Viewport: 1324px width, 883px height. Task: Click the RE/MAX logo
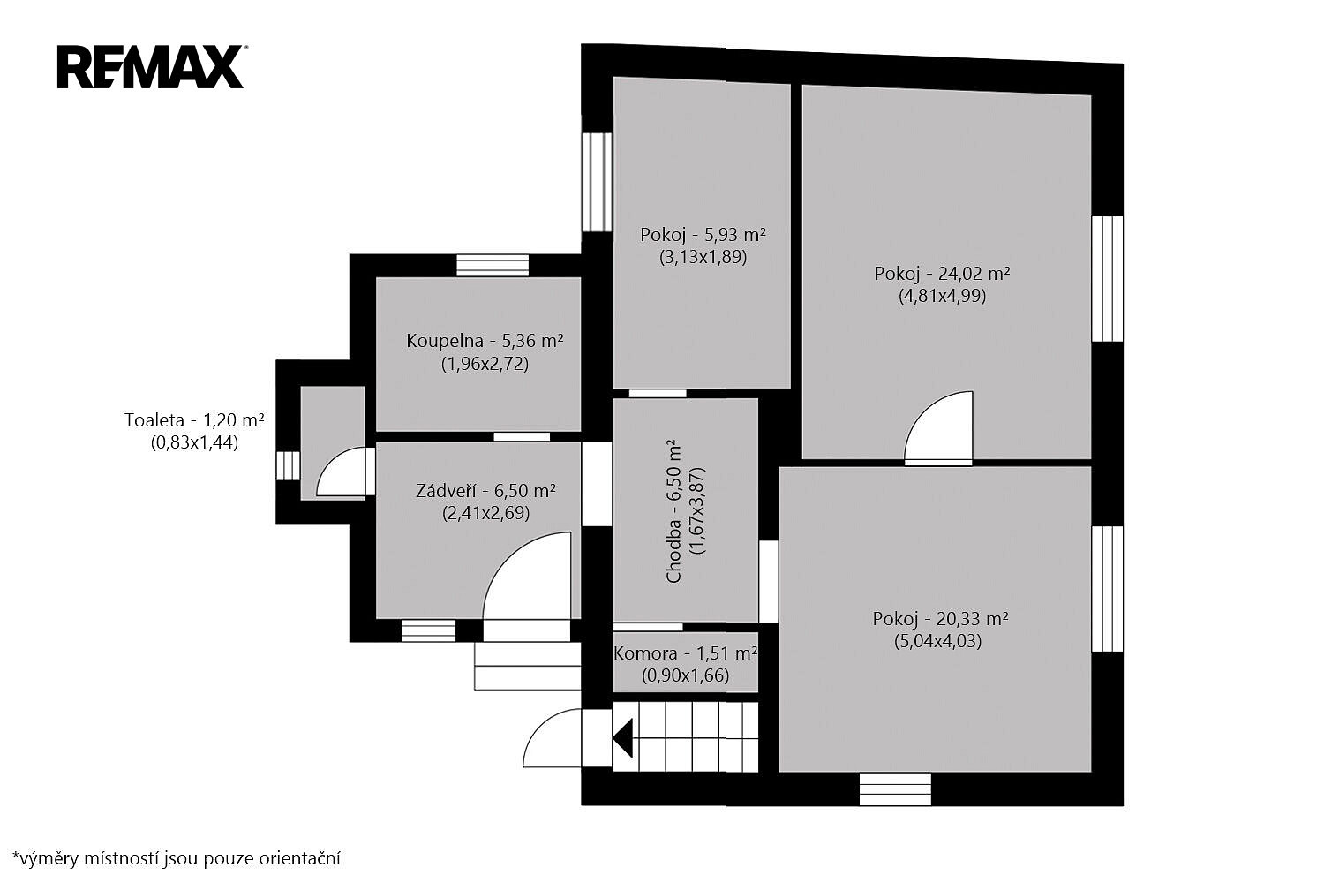[x=152, y=67]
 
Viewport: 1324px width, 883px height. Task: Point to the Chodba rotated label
[x=685, y=511]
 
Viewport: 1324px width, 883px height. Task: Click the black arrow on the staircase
[x=623, y=738]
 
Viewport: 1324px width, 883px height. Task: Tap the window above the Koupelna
[x=493, y=265]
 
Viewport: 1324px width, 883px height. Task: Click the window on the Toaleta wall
[x=288, y=465]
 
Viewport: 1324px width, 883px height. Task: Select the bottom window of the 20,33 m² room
[x=895, y=789]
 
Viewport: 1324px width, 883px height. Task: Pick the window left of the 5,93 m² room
[x=597, y=182]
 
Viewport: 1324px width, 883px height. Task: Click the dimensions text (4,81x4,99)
[x=942, y=295]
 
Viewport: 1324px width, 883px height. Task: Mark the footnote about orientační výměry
[x=177, y=858]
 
